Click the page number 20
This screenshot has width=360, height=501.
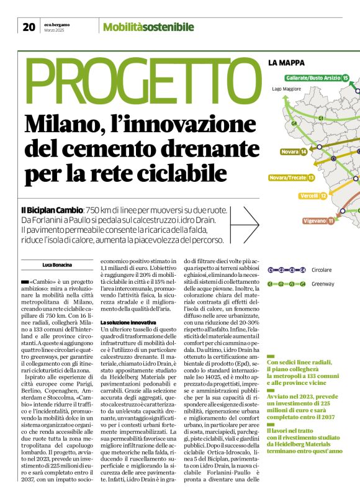pos(29,27)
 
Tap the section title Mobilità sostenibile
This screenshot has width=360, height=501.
pos(148,27)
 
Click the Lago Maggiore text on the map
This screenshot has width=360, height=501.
pos(286,89)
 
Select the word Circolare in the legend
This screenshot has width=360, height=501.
pos(322,270)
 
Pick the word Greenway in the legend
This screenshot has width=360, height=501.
pos(322,284)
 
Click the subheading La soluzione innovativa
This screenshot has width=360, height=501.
pos(128,323)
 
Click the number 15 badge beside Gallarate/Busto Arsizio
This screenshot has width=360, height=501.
pos(346,78)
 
